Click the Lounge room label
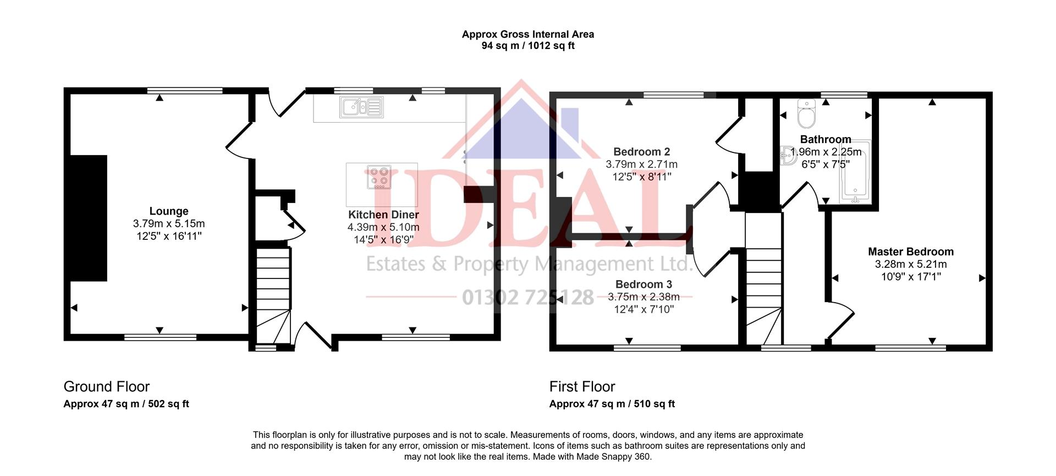(169, 211)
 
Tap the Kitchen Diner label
(383, 215)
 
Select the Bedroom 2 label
(641, 152)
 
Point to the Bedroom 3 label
(643, 284)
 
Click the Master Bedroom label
(911, 252)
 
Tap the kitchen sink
(361, 107)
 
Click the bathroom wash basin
(788, 156)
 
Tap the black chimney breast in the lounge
(88, 218)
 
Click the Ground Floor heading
(107, 387)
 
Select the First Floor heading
(582, 387)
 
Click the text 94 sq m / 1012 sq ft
(528, 46)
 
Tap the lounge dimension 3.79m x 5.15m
(169, 224)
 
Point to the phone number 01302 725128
(528, 298)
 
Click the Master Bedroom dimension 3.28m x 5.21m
(911, 265)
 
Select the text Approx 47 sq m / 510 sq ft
(612, 404)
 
